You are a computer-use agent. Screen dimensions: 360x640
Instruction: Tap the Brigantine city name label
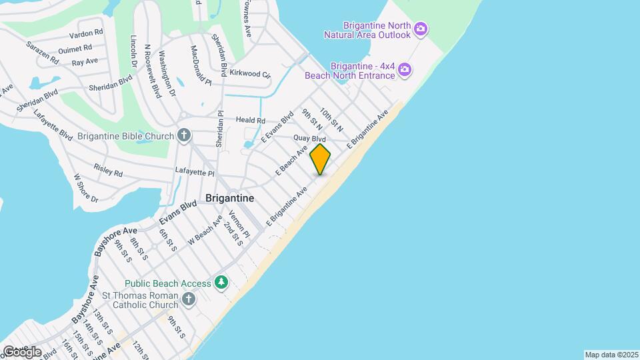point(229,199)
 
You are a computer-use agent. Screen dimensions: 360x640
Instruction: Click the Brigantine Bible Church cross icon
point(185,136)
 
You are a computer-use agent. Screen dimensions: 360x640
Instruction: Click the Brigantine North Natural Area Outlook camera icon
point(421,29)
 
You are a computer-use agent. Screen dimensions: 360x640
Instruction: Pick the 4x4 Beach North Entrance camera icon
point(405,70)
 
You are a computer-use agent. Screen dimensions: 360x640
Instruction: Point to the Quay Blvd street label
point(309,138)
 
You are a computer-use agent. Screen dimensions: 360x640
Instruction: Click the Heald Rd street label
point(251,121)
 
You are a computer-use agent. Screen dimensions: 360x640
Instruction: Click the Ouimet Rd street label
point(75,48)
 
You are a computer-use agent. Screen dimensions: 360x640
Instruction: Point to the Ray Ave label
point(85,61)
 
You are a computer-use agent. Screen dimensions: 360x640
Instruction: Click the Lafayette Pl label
point(195,173)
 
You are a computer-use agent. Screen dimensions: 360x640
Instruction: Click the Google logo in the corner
point(21,351)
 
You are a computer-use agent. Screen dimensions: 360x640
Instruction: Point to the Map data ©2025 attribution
point(611,355)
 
